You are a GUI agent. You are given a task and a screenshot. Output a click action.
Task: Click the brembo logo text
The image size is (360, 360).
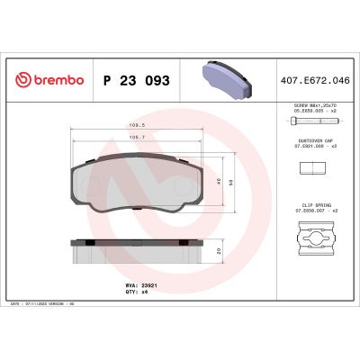56,81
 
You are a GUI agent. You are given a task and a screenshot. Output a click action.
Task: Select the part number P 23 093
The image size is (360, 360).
137,81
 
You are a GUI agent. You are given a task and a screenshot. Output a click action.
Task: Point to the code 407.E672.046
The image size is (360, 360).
315,81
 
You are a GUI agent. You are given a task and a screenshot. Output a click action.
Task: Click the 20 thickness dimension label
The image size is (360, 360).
220,251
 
